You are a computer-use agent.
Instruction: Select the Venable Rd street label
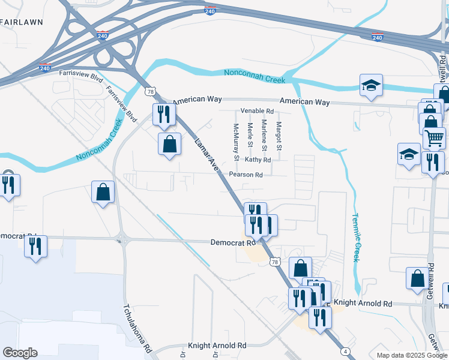tap(257, 111)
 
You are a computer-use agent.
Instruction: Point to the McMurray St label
tap(236, 142)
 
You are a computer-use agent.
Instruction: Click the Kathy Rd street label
tap(258, 160)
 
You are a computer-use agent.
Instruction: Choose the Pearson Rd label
tap(246, 175)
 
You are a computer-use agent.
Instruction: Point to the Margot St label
tap(279, 136)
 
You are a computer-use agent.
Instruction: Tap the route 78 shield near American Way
tap(150, 91)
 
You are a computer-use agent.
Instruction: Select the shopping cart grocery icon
tap(435, 137)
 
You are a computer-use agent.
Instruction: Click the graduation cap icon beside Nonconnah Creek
tap(371, 85)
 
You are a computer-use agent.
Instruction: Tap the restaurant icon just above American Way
tap(164, 114)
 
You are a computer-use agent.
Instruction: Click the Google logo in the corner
tap(20, 353)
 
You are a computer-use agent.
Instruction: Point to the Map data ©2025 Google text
tap(412, 355)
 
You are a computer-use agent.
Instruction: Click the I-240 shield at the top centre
tap(209, 11)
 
